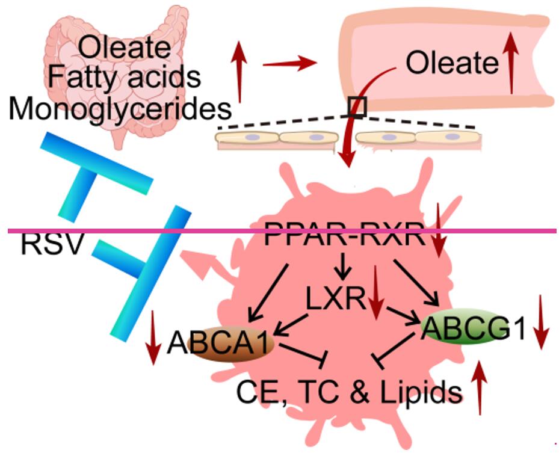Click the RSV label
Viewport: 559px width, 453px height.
coord(50,245)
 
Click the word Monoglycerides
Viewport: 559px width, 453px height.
coord(120,109)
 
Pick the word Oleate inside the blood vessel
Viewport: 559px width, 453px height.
coord(452,63)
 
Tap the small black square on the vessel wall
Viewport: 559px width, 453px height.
coord(357,106)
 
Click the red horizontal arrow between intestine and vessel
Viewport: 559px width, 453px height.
coord(289,63)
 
